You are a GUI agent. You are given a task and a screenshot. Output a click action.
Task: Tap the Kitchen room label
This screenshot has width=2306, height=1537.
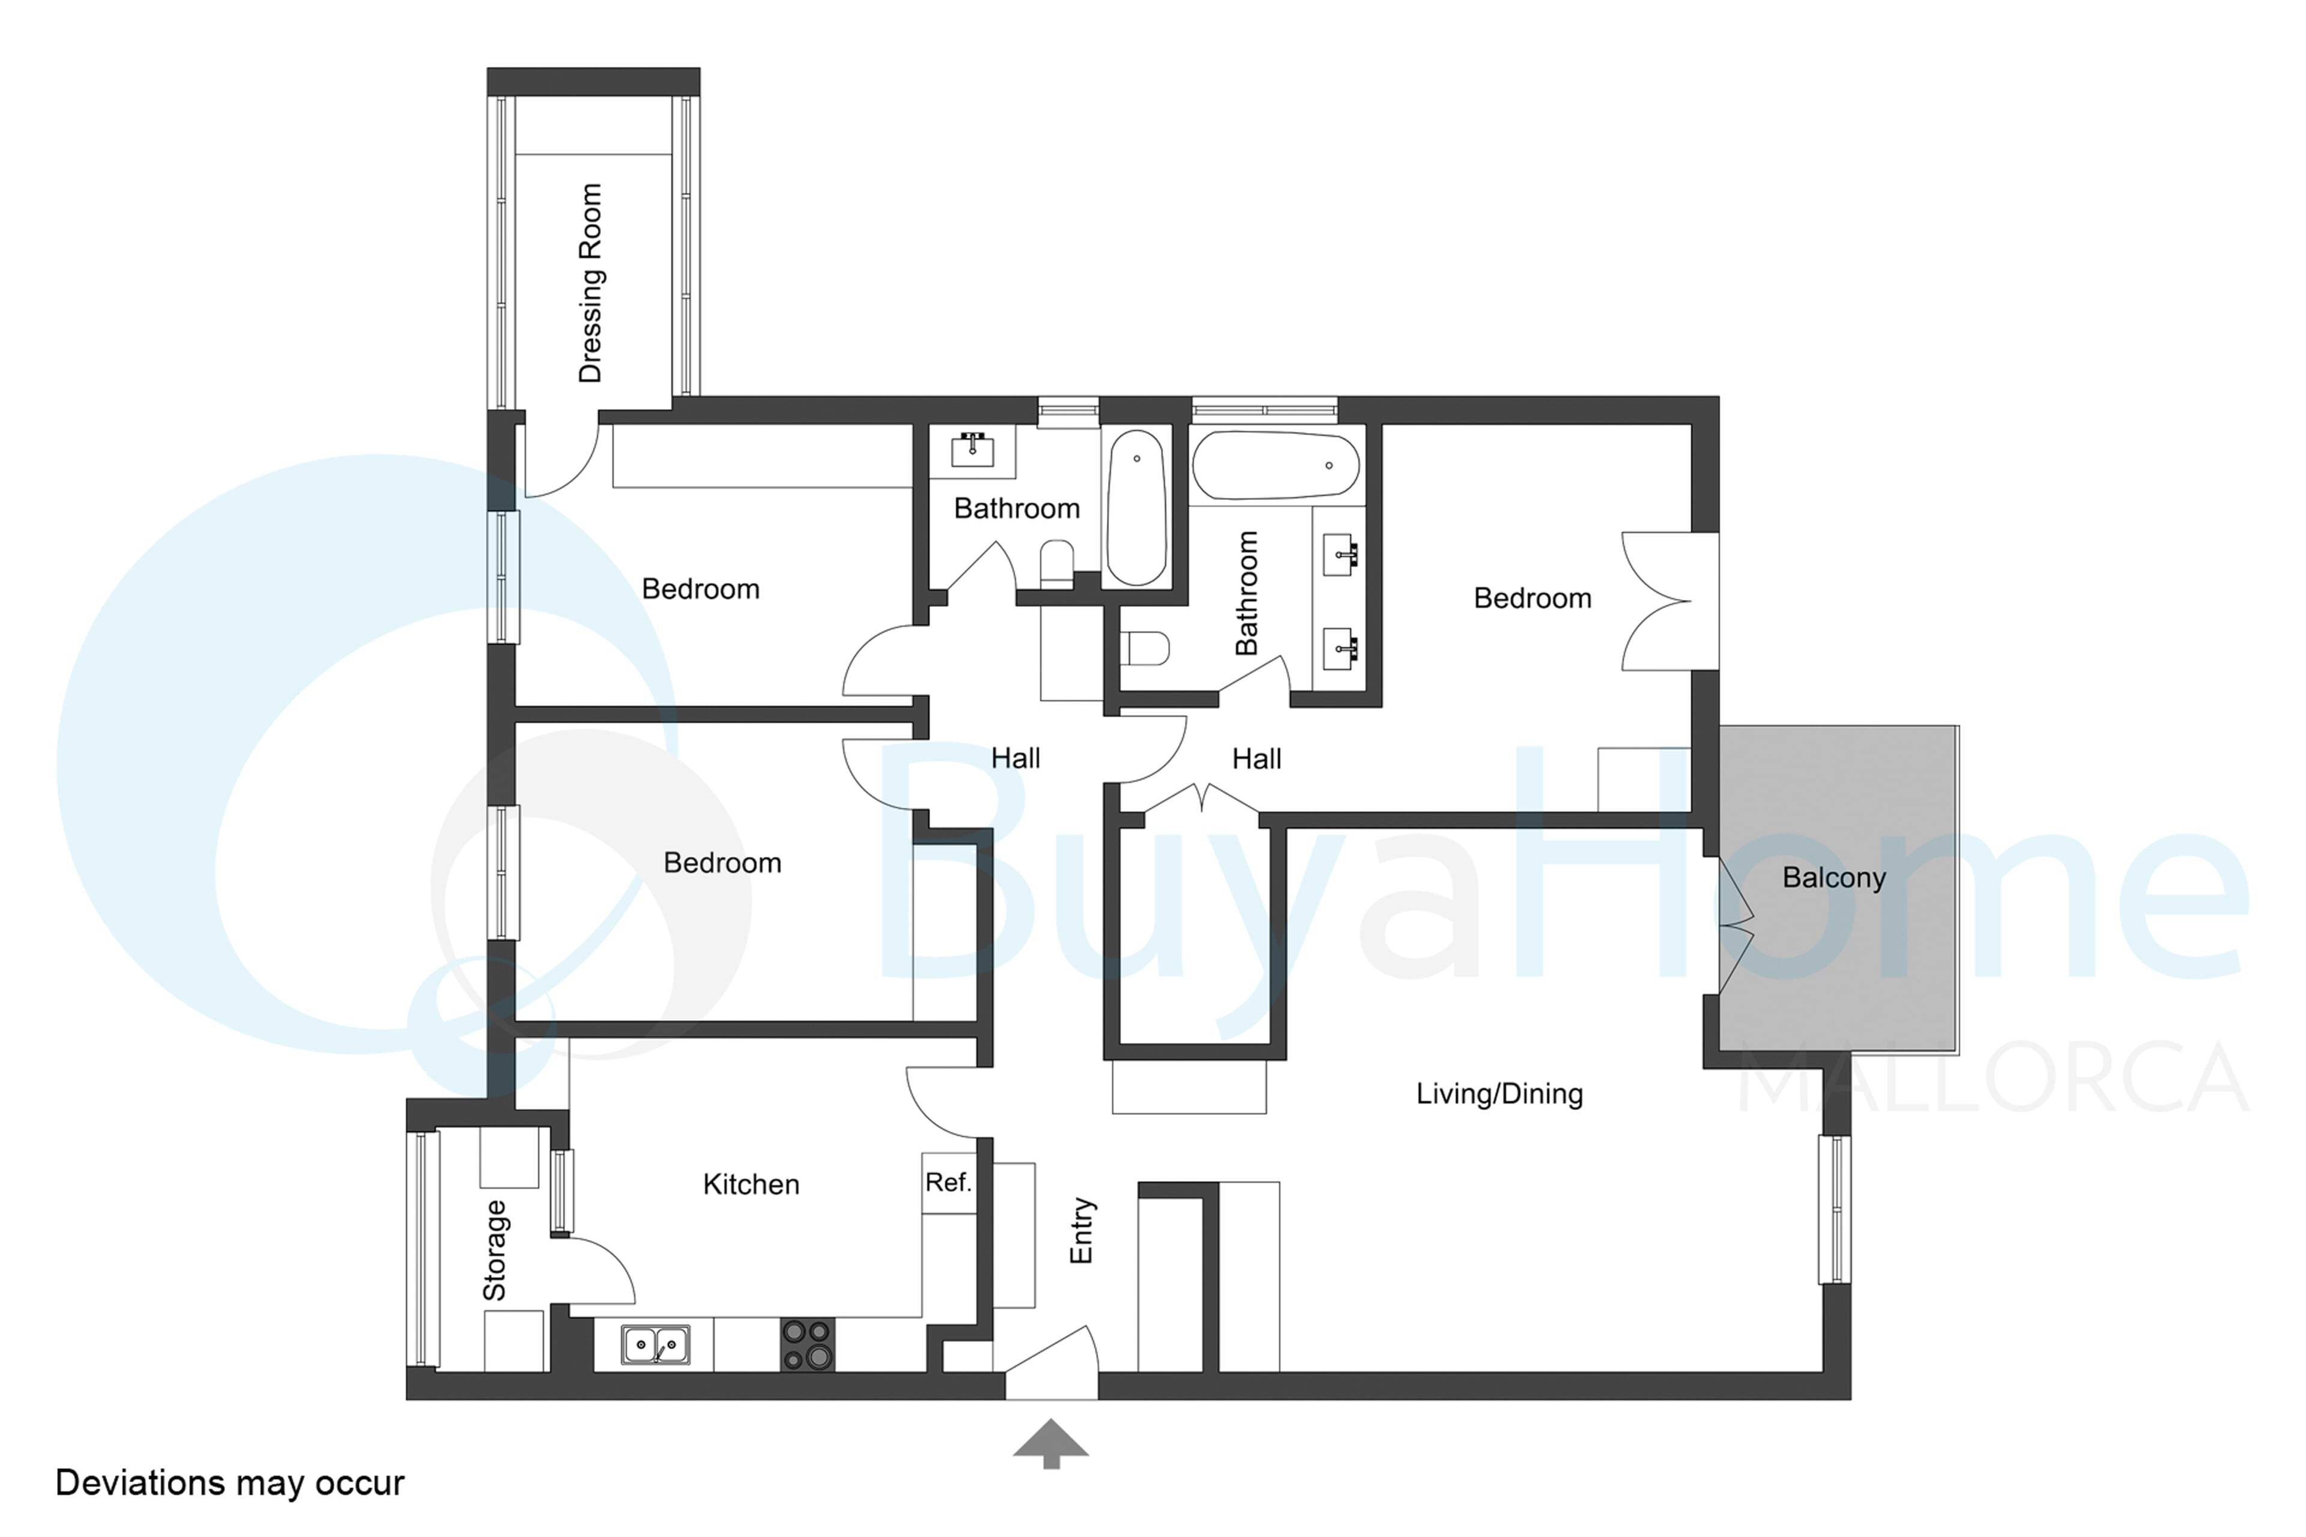click(x=751, y=1184)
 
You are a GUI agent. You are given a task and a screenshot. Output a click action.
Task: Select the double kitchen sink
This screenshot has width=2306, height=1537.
click(x=656, y=1345)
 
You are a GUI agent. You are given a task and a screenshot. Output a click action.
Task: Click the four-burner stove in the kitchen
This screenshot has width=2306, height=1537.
click(x=808, y=1345)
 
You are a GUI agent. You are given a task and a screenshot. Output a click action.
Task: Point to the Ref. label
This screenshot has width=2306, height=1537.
click(x=948, y=1182)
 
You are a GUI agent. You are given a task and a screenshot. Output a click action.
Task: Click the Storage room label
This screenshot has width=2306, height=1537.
click(x=495, y=1251)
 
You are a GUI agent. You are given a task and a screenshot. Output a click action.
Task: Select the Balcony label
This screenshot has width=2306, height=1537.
click(x=1833, y=877)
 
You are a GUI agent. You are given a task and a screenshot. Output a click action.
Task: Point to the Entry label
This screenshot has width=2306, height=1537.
click(x=1080, y=1230)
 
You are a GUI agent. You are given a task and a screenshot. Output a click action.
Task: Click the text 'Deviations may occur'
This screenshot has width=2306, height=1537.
click(x=229, y=1483)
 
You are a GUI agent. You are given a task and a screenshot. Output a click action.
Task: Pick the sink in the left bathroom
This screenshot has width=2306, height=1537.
click(x=973, y=451)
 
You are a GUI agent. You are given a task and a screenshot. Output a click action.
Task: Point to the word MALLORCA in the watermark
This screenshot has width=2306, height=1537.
click(x=1993, y=1078)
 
